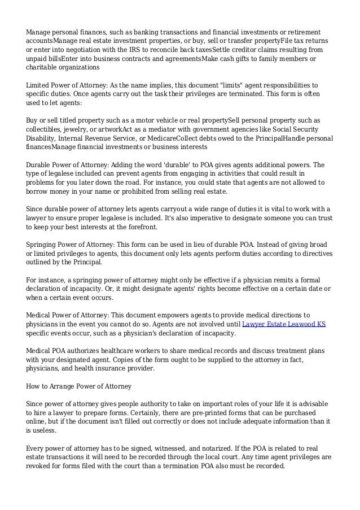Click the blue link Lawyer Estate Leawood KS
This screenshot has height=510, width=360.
tap(283, 324)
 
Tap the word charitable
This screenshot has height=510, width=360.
tap(43, 66)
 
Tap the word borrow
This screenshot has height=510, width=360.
tap(38, 192)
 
